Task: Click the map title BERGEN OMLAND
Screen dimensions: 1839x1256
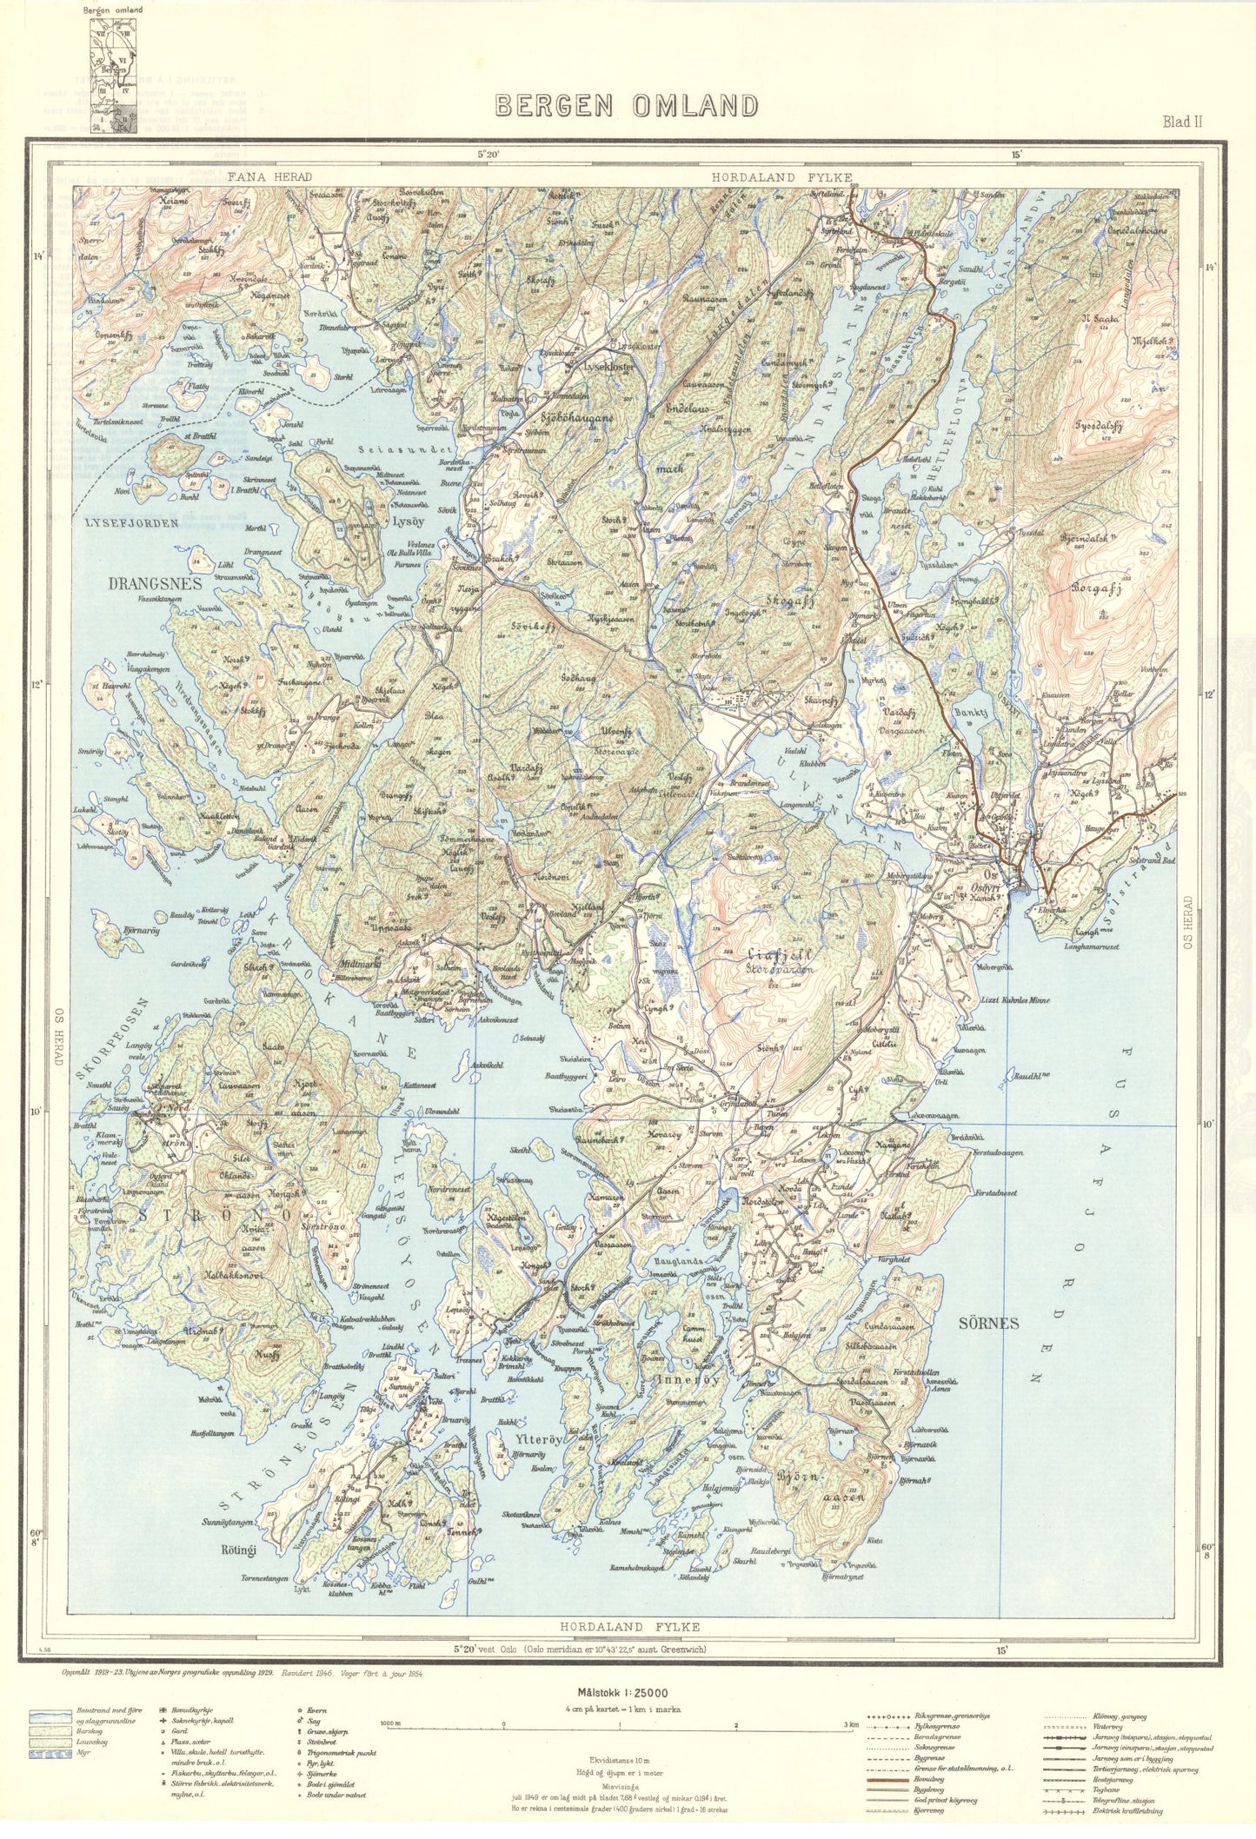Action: pyautogui.click(x=626, y=106)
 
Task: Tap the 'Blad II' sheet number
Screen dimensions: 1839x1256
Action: pyautogui.click(x=1182, y=122)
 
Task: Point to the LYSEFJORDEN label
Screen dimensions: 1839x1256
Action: pyautogui.click(x=132, y=523)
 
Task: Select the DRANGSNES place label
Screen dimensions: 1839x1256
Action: pyautogui.click(x=155, y=583)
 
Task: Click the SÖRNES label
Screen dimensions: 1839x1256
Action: pyautogui.click(x=988, y=1324)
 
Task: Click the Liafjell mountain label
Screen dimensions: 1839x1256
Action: pyautogui.click(x=768, y=953)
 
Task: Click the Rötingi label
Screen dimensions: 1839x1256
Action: pyautogui.click(x=239, y=1549)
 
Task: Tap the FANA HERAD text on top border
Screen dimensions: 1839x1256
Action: pyautogui.click(x=269, y=177)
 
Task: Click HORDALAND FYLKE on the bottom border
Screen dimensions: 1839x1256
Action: pyautogui.click(x=629, y=1627)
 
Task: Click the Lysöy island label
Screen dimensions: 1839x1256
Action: pyautogui.click(x=408, y=523)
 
